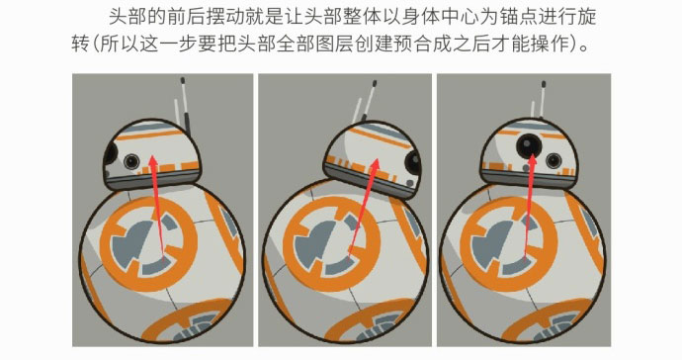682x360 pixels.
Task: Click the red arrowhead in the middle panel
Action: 374,165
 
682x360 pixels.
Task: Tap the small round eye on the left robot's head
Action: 130,161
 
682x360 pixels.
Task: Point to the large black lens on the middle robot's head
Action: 413,163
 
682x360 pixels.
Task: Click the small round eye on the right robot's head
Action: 553,160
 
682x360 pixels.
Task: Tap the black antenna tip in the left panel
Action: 183,80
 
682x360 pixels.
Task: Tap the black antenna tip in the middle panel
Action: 374,83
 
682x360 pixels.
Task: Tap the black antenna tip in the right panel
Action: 544,84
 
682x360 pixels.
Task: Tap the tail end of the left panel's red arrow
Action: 164,262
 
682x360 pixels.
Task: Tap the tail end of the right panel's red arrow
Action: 525,258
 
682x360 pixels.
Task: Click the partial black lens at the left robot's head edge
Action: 111,153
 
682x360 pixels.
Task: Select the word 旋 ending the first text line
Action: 587,18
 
